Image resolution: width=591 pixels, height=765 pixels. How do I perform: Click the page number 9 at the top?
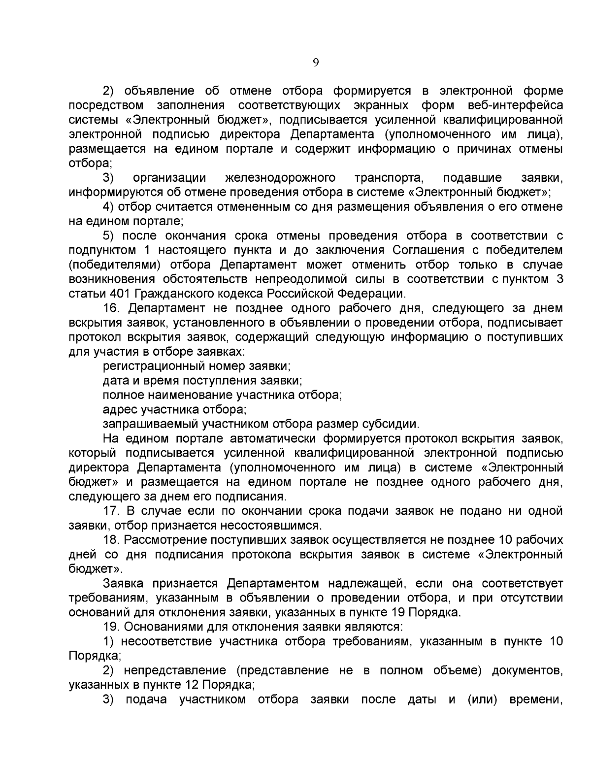click(316, 63)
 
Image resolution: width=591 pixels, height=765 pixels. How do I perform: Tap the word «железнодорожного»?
click(280, 178)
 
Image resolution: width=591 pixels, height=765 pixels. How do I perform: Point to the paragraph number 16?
click(112, 308)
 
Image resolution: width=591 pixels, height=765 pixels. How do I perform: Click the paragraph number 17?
click(112, 511)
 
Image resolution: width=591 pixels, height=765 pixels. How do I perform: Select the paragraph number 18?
click(112, 540)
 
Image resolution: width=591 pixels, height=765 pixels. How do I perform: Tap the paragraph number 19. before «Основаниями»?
click(112, 627)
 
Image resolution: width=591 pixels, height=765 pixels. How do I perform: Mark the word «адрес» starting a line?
click(120, 410)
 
